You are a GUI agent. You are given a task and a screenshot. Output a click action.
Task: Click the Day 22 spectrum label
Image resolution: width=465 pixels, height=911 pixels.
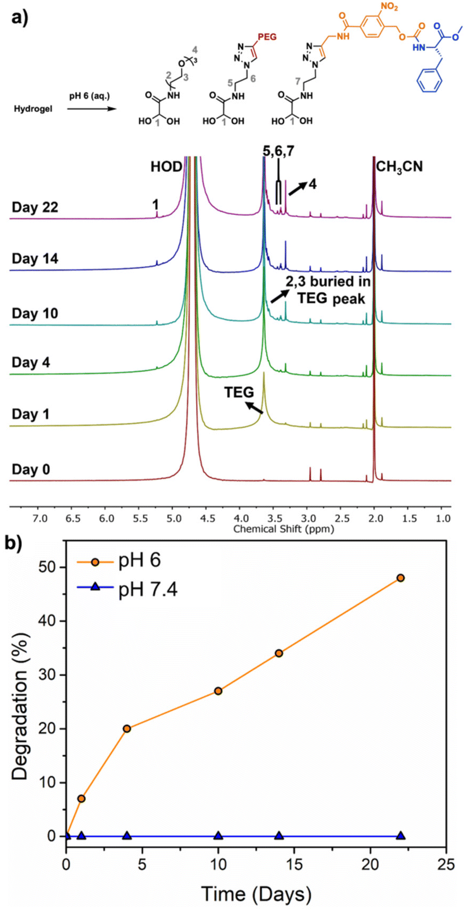[x=35, y=207]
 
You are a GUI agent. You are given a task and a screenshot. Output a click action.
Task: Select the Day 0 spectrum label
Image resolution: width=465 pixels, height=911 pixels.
[x=31, y=470]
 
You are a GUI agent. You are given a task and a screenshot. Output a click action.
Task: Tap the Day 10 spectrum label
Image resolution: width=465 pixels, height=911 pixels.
[x=35, y=313]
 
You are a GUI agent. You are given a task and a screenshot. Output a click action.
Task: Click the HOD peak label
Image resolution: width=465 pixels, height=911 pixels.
[x=166, y=167]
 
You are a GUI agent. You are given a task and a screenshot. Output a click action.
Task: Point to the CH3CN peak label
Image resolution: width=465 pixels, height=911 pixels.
[x=399, y=167]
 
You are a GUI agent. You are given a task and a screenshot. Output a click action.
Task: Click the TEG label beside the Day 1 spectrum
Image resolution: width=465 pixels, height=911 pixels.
[x=239, y=393]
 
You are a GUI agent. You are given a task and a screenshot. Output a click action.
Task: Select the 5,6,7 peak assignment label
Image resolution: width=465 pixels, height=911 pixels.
[x=278, y=151]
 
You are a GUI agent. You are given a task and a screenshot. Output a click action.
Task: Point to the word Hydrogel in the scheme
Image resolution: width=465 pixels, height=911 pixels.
[x=33, y=109]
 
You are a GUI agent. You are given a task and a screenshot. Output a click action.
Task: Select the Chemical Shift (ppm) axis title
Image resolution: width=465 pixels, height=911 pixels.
[x=284, y=529]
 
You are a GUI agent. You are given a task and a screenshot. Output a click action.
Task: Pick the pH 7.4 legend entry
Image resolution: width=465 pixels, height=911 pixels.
[x=147, y=589]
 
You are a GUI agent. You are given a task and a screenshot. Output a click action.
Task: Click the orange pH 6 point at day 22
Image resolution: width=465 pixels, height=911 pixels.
[x=400, y=578]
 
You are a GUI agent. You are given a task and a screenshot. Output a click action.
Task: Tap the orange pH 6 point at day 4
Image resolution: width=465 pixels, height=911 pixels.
[x=127, y=729]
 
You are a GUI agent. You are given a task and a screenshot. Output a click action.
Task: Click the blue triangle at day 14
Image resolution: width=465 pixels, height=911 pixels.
[x=279, y=836]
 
